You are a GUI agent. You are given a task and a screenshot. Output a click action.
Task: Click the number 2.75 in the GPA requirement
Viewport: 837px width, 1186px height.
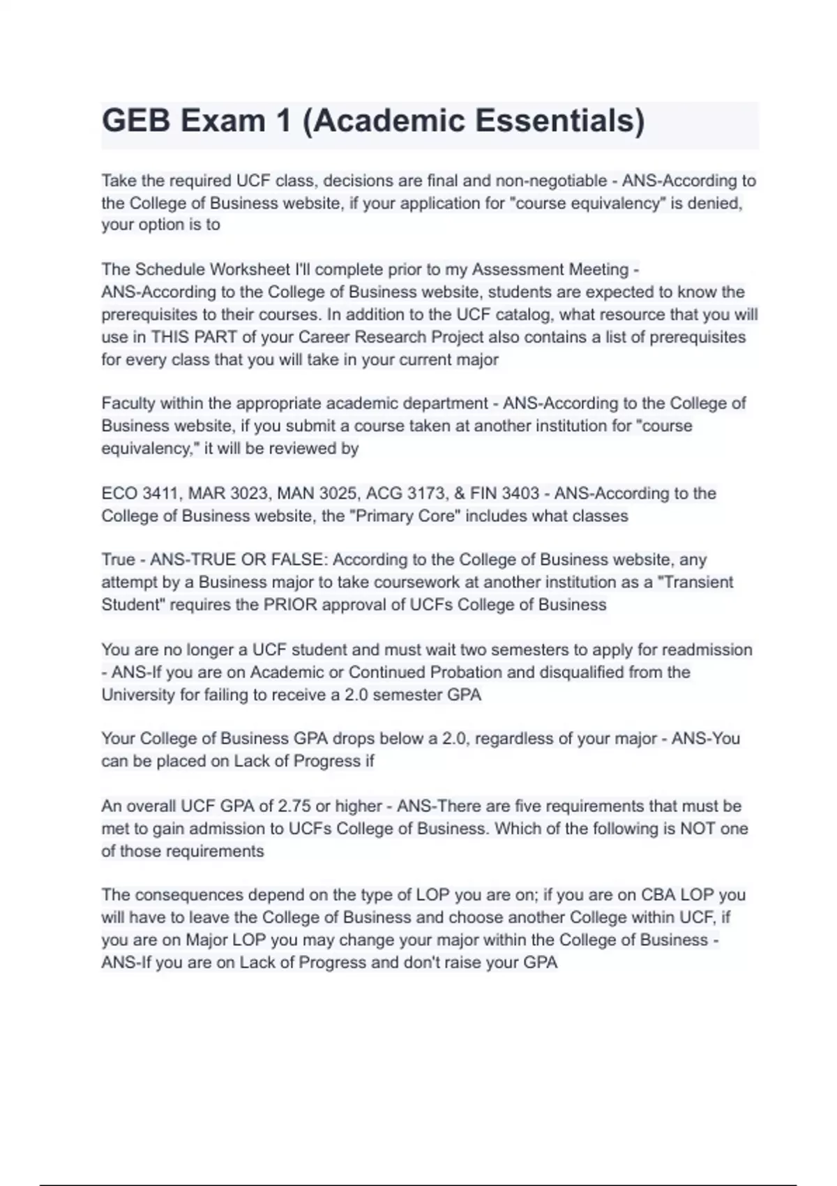pos(294,806)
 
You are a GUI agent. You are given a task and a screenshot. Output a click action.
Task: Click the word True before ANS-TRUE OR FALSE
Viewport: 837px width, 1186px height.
pos(119,560)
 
